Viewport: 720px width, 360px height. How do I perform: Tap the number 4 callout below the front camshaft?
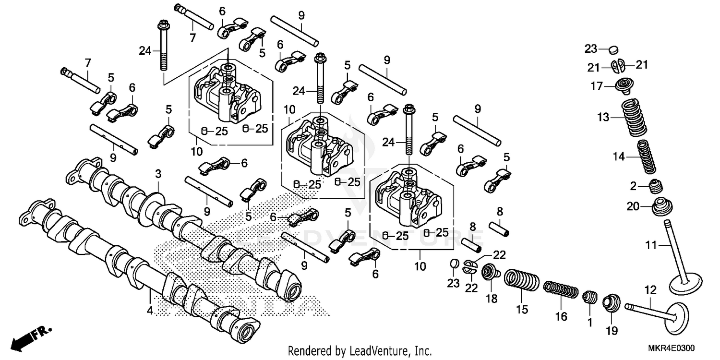click(150, 311)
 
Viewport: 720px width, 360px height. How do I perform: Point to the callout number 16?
click(561, 316)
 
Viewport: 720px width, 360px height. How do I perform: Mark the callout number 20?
click(633, 206)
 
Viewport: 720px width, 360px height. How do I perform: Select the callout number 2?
click(633, 186)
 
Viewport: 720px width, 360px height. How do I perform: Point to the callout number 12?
click(650, 290)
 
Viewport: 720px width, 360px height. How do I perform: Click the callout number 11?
click(650, 246)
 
